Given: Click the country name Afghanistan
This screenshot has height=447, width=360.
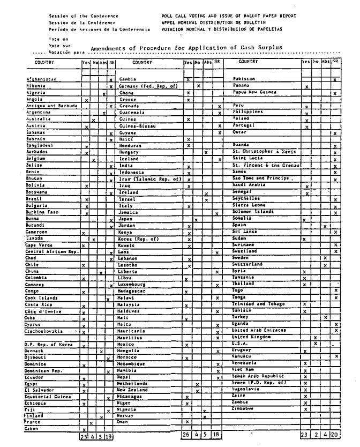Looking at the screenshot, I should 41,79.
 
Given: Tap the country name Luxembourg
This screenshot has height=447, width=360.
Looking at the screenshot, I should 133,285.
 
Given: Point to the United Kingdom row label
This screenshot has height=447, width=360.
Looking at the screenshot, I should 251,337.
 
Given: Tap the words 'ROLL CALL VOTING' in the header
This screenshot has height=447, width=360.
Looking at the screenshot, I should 181,16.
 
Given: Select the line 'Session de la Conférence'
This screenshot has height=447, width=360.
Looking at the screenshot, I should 82,23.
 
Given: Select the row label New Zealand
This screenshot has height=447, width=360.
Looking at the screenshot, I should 133,390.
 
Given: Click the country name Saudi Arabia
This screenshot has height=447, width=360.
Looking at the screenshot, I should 249,184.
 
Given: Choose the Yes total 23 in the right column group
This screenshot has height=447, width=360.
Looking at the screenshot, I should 304,435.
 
